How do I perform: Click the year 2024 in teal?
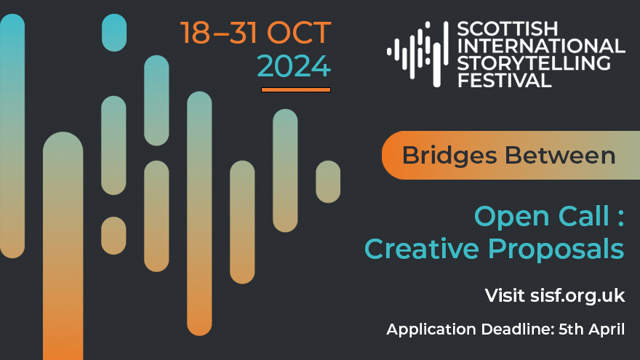click(294, 66)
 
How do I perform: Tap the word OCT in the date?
click(298, 33)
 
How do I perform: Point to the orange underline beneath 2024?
click(296, 89)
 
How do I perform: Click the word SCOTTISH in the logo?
click(508, 29)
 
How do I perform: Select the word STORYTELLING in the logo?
click(534, 63)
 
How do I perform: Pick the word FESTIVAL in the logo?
click(505, 81)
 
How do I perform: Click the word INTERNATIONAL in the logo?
click(541, 46)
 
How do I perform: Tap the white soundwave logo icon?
click(417, 54)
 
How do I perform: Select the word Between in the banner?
click(560, 156)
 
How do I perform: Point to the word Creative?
click(421, 249)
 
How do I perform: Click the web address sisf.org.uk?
click(577, 295)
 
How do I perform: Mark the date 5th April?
click(591, 329)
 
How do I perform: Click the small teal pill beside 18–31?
click(114, 33)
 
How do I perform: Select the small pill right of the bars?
click(328, 182)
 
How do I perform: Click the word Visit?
click(505, 295)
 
